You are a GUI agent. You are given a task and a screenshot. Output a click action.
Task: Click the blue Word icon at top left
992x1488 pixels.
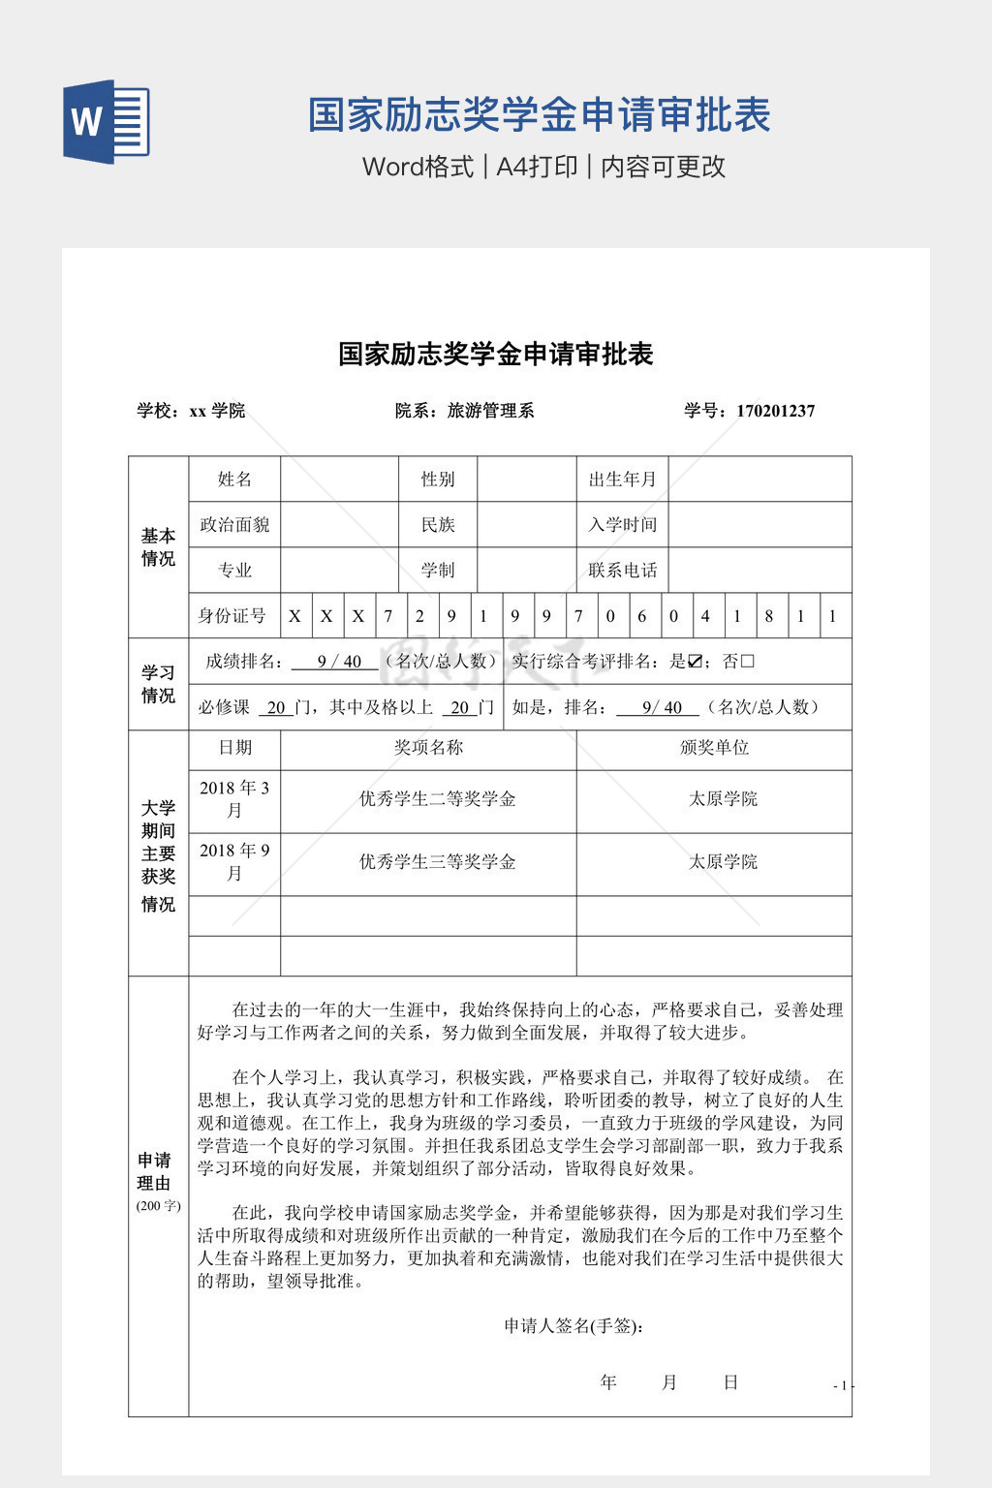pos(107,122)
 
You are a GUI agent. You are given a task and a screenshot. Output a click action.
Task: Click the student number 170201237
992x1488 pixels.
pos(775,411)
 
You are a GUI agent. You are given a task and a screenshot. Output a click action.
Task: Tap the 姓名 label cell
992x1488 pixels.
pos(234,479)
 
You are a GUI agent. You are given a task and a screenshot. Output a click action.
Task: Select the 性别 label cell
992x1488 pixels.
pos(438,479)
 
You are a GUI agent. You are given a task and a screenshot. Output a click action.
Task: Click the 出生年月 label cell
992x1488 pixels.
pos(622,479)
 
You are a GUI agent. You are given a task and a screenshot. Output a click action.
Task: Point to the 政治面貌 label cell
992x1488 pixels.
pos(234,524)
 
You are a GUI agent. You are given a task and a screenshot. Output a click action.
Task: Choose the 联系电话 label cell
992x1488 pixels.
pos(622,570)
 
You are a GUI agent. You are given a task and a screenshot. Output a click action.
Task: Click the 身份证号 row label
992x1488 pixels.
pos(232,615)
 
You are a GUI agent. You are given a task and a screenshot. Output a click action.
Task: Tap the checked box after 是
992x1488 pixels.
pos(695,662)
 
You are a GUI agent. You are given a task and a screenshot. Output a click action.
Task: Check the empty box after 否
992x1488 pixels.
pos(747,662)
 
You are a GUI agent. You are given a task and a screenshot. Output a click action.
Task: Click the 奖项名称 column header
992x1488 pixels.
pos(428,747)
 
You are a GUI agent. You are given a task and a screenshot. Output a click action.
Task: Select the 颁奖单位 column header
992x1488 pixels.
pos(714,747)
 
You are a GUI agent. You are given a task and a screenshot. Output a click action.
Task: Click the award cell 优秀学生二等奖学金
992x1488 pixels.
pos(437,799)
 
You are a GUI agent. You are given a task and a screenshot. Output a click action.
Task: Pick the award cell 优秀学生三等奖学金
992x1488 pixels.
pos(437,862)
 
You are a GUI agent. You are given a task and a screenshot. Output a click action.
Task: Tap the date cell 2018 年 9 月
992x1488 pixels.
pos(234,861)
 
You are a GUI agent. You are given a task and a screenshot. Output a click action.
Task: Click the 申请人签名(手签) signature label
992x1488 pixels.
pos(574,1326)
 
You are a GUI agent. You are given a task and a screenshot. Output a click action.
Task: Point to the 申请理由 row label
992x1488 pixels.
pos(154,1171)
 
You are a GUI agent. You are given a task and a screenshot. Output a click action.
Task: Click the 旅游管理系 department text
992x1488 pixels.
pos(490,411)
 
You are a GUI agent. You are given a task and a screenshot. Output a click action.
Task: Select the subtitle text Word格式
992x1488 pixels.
pos(418,167)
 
